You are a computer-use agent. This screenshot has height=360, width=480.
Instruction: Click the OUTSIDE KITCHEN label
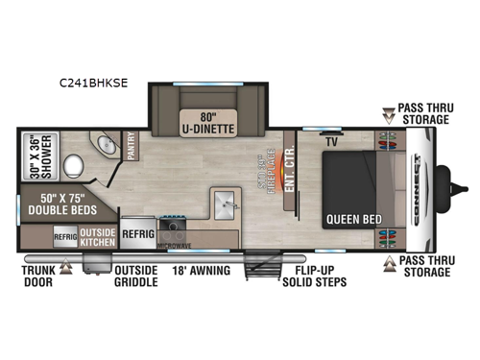97,236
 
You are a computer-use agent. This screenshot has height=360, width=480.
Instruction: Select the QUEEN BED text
352,220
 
